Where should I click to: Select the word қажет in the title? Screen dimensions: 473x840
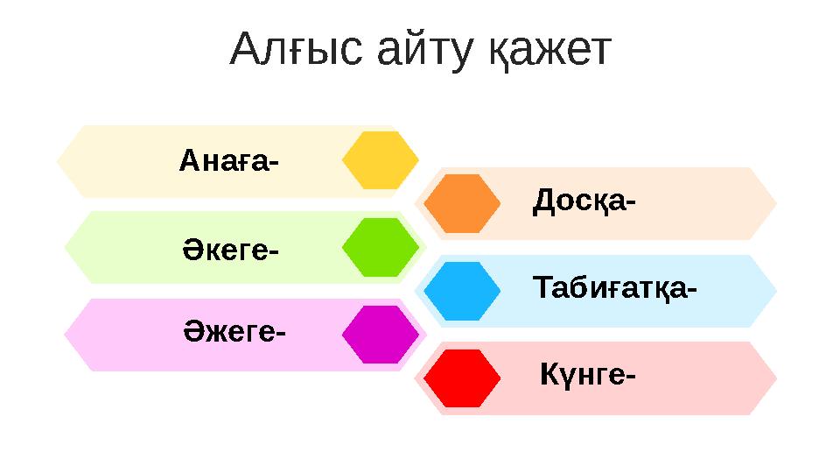coord(549,52)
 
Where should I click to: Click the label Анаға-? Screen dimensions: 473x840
coord(229,161)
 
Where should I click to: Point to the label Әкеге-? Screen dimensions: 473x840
coord(230,250)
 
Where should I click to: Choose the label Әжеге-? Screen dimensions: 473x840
coord(234,334)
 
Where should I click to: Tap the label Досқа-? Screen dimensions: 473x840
coord(584,202)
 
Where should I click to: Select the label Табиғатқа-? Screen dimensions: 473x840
coord(614,288)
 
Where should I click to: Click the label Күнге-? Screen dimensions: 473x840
coord(587,376)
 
